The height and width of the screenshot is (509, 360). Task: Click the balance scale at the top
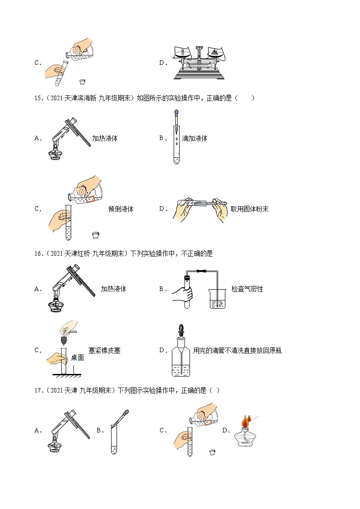(199, 63)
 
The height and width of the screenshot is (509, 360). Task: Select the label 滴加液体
(195, 139)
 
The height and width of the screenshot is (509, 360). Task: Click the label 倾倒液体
(121, 209)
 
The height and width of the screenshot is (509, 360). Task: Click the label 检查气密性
(247, 289)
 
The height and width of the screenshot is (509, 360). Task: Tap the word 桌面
(78, 358)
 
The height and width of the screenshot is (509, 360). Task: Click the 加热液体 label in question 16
(113, 289)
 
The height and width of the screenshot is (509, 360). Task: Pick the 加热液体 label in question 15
(105, 139)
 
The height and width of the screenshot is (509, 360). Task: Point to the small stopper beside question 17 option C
(212, 452)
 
